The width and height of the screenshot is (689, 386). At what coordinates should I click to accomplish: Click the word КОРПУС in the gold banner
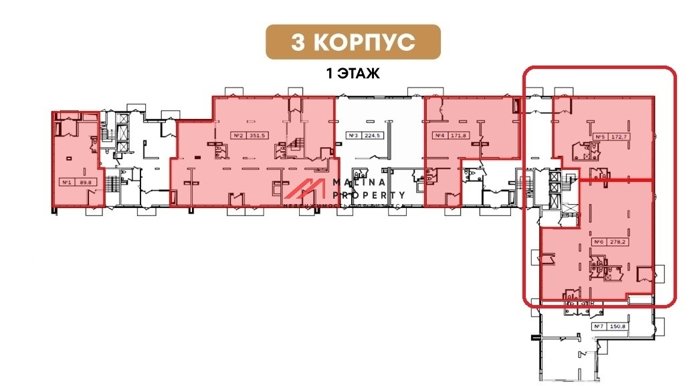coord(365,42)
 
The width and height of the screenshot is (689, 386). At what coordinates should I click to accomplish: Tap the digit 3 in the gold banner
coord(298,42)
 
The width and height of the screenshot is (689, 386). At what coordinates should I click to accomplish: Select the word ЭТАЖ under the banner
coord(359,74)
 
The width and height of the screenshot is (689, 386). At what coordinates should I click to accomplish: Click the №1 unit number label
coord(66,181)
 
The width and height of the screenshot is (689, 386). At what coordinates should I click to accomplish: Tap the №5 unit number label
coord(601,138)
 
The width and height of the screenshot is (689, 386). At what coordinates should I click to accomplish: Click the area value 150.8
coord(616,326)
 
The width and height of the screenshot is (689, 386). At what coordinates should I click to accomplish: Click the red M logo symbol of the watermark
coord(306,190)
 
